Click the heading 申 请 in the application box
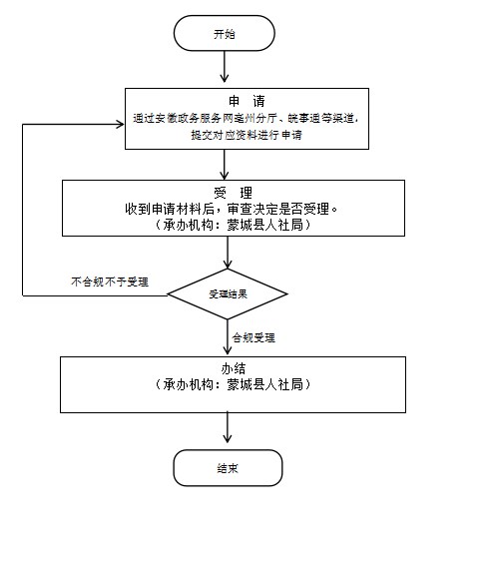click(247, 101)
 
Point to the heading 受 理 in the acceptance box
click(233, 193)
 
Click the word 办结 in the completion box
click(234, 368)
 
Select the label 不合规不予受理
click(110, 282)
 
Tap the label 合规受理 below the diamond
click(253, 337)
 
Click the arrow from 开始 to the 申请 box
click(225, 67)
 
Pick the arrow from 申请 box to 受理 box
click(225, 165)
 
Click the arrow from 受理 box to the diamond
click(228, 253)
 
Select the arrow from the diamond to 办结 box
click(228, 337)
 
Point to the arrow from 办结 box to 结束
click(228, 427)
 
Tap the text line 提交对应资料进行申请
click(247, 135)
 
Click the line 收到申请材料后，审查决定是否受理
click(231, 209)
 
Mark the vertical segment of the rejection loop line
click(23, 210)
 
